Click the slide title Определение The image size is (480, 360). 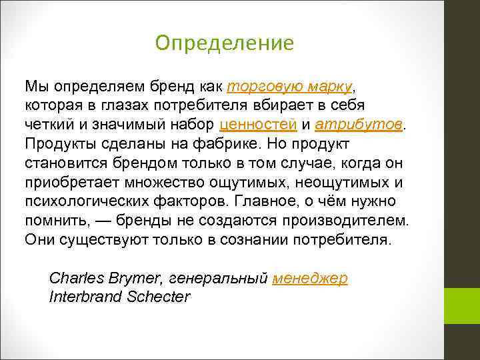pyautogui.click(x=223, y=43)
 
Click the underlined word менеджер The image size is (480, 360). pyautogui.click(x=310, y=279)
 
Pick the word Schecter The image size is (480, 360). pyautogui.click(x=159, y=297)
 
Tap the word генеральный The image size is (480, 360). pyautogui.click(x=219, y=279)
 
